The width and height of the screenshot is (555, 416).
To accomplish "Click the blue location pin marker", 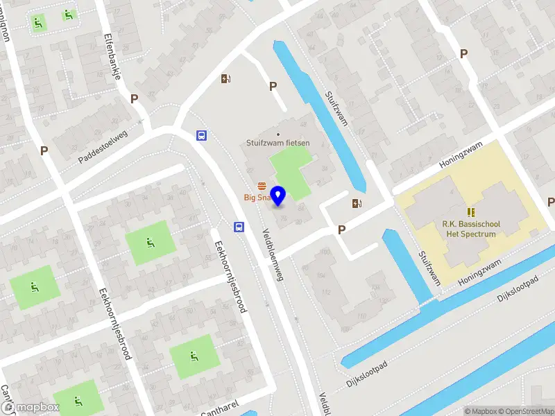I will pyautogui.click(x=278, y=196).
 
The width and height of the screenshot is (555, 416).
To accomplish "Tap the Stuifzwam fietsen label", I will pyautogui.click(x=278, y=144).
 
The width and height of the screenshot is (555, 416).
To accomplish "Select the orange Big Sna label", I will pyautogui.click(x=256, y=198).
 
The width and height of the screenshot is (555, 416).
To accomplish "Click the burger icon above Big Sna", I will pyautogui.click(x=262, y=186).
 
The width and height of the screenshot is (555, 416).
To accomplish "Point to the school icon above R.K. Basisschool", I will pyautogui.click(x=471, y=211).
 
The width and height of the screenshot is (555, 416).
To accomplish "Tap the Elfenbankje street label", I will pyautogui.click(x=112, y=56).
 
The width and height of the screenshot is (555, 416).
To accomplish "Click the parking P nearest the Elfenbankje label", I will pyautogui.click(x=134, y=99).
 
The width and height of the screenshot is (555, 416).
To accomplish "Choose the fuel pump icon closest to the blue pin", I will pyautogui.click(x=357, y=203).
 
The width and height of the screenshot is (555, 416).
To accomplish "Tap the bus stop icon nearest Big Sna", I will pyautogui.click(x=238, y=226).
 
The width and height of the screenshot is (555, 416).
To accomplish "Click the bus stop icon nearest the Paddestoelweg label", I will pyautogui.click(x=201, y=136).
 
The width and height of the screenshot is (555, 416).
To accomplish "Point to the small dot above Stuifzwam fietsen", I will pyautogui.click(x=278, y=135).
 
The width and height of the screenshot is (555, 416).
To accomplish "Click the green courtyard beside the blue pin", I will pyautogui.click(x=291, y=170).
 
